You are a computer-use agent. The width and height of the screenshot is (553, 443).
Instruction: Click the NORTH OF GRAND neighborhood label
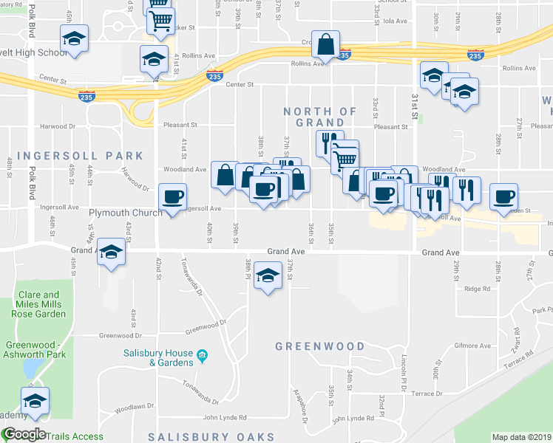(320, 117)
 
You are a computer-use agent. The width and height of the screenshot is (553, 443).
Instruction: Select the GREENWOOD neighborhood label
(320, 346)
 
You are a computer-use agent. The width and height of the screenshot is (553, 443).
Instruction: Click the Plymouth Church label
(125, 213)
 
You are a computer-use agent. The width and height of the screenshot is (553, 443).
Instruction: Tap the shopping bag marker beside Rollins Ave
(325, 45)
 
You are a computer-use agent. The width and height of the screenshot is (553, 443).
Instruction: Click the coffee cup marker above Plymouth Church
(172, 198)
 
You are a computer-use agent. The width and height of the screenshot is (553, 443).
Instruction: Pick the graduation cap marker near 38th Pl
(268, 276)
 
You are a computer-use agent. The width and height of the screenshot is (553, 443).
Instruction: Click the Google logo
(24, 435)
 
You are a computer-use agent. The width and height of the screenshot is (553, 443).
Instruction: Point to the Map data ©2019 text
(520, 437)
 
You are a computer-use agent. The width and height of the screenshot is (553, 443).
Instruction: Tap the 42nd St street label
(158, 272)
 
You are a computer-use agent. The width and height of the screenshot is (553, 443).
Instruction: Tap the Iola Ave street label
(396, 21)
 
